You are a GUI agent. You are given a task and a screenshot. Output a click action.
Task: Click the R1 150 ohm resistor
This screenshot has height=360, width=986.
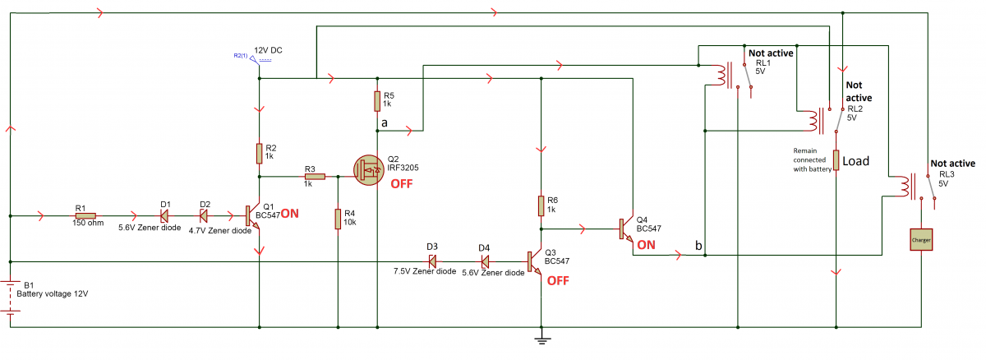(85, 216)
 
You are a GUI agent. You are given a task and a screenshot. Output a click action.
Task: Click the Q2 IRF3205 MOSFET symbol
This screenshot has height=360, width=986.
(368, 170)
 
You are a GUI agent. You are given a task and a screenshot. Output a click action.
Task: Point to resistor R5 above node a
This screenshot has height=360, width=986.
(377, 100)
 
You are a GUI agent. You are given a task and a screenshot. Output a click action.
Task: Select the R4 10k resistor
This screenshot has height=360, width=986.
(338, 219)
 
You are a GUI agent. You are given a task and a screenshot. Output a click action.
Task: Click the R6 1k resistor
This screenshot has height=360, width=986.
(541, 205)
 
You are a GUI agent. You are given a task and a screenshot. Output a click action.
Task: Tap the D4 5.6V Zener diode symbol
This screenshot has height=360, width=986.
(485, 261)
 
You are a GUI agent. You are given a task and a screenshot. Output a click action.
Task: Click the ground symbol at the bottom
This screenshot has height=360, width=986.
(541, 337)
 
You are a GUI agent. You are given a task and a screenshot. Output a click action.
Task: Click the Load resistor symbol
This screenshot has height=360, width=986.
(836, 160)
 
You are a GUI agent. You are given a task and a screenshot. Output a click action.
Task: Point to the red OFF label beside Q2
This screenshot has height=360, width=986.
(402, 183)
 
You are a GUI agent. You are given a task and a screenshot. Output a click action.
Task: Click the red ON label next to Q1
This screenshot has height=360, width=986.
(290, 213)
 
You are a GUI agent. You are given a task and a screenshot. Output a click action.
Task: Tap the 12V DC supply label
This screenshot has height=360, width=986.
(268, 51)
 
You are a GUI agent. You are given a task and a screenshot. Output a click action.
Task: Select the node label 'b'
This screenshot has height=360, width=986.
(698, 246)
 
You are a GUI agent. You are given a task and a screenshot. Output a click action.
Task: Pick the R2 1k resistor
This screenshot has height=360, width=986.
(259, 152)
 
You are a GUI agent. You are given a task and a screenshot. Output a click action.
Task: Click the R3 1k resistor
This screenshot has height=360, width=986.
(315, 176)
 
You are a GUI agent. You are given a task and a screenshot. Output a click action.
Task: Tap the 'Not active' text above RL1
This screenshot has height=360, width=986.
(771, 53)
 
